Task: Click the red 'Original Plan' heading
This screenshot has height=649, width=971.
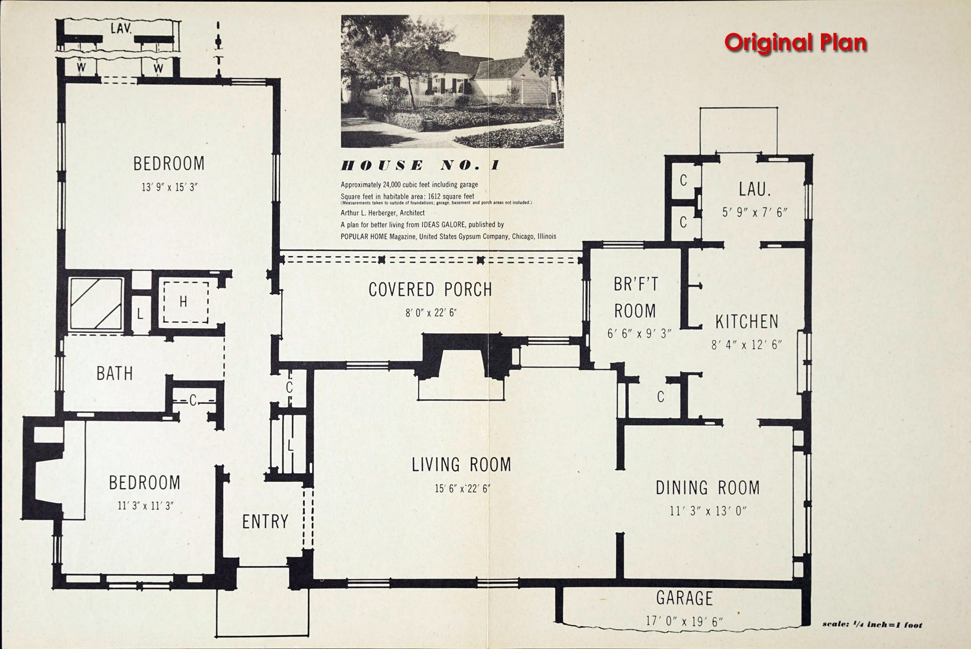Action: click(x=796, y=43)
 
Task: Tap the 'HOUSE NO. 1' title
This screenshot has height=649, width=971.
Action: click(x=420, y=166)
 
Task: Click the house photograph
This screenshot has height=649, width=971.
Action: click(x=452, y=81)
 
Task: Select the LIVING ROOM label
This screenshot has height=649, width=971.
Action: click(x=461, y=465)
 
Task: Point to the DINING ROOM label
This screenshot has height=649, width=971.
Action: click(x=708, y=488)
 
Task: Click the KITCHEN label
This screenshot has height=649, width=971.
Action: click(x=747, y=321)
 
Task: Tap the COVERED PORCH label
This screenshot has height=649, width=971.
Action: click(x=430, y=289)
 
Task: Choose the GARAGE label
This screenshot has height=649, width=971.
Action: click(x=685, y=599)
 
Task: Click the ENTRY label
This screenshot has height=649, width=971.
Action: click(x=265, y=522)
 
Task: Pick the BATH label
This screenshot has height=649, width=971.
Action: click(x=115, y=373)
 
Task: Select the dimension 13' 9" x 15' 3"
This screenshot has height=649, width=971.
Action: click(x=169, y=187)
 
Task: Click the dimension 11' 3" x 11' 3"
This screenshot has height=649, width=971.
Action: click(x=145, y=506)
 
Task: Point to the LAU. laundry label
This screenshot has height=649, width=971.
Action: click(x=755, y=189)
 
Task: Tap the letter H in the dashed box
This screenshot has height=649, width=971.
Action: click(x=183, y=302)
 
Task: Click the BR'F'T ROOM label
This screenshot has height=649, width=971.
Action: click(x=636, y=297)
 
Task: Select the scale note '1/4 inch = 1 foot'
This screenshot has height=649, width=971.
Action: click(x=872, y=624)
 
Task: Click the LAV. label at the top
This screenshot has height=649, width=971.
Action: click(x=121, y=28)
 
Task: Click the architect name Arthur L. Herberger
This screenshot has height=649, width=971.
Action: click(x=383, y=213)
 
